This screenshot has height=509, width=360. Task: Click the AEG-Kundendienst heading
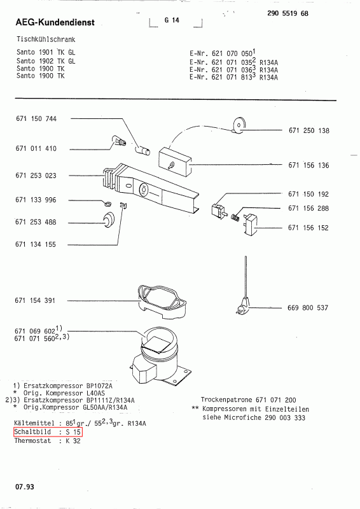55,22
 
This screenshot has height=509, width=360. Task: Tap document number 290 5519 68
287,13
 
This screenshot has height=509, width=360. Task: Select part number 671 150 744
36,119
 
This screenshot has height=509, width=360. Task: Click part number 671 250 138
308,130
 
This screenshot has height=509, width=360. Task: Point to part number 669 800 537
308,308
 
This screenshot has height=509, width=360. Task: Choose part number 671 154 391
35,300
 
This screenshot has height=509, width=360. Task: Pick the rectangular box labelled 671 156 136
175,162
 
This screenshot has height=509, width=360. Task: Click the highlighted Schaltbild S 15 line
48,432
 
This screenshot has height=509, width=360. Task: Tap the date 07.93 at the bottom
24,487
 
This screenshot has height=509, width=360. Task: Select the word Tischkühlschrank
46,39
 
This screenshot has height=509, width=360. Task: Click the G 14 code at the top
172,20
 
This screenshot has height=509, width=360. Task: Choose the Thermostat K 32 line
48,441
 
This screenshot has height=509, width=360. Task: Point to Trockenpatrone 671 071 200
248,400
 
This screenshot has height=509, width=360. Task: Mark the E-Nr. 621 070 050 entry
223,53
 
